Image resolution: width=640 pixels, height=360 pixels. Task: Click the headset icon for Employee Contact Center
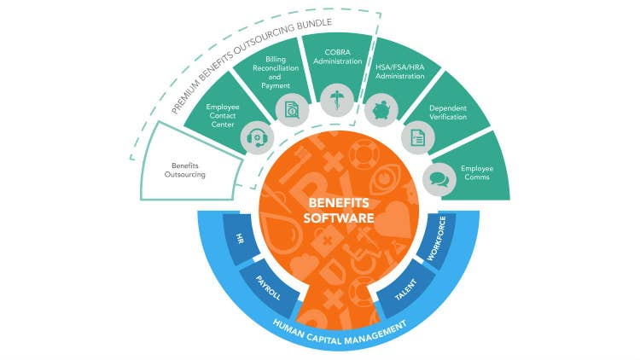click(x=256, y=136)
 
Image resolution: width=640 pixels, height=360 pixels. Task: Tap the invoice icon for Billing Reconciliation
click(x=292, y=108)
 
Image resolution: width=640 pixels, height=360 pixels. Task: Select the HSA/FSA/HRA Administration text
click(x=401, y=71)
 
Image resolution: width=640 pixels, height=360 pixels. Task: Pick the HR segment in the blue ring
click(x=241, y=241)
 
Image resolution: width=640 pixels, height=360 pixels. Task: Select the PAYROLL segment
click(x=266, y=282)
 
